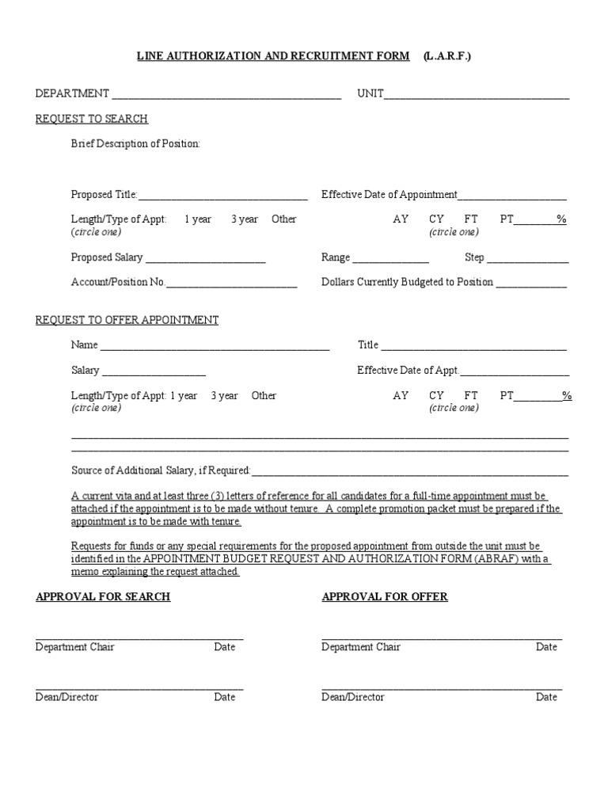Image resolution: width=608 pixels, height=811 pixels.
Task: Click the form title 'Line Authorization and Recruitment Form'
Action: tap(274, 55)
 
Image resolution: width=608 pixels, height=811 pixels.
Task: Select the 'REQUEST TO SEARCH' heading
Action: tap(92, 119)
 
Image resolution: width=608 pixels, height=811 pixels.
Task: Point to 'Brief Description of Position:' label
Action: tap(135, 143)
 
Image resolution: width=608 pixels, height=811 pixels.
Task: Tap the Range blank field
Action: tap(390, 259)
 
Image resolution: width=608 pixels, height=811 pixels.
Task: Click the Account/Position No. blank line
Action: tap(231, 284)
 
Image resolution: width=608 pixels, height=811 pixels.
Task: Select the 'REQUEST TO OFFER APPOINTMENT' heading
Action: tap(127, 320)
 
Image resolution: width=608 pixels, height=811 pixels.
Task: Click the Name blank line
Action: tap(215, 346)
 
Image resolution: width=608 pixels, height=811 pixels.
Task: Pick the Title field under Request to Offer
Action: tap(474, 346)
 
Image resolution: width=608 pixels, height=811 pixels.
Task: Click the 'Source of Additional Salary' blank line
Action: tap(409, 472)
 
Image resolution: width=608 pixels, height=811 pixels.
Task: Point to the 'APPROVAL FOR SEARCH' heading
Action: tap(103, 596)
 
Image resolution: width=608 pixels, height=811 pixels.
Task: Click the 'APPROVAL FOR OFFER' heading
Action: tap(385, 596)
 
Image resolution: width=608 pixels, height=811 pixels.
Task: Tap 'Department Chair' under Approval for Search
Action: tap(75, 647)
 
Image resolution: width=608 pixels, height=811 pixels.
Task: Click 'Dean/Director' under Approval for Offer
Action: tap(353, 697)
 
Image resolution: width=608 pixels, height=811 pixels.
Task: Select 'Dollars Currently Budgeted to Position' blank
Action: tap(531, 284)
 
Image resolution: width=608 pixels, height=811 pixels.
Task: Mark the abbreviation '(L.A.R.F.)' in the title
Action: tap(447, 55)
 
